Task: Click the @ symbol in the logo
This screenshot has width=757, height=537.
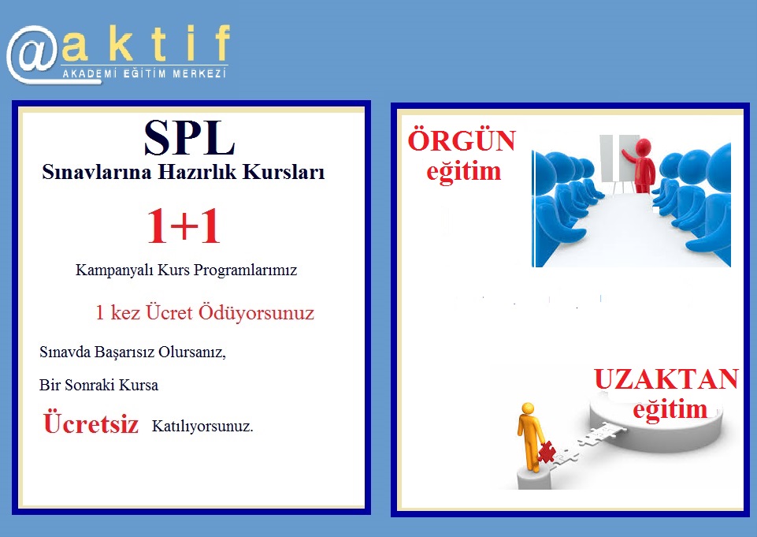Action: pos(33,54)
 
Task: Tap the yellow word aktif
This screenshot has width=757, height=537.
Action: pos(146,43)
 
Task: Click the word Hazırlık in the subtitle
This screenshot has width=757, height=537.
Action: pos(198,172)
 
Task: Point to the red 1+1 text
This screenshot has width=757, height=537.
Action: pos(184,226)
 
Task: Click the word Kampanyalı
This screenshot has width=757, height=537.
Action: pos(114,270)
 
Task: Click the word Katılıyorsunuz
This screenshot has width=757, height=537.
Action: pos(202,427)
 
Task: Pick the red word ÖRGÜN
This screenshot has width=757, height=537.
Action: pos(462,140)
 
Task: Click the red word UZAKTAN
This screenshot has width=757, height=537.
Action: pos(666,379)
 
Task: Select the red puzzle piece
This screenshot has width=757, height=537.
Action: pos(547,453)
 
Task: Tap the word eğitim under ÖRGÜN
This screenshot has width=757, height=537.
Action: pos(463,172)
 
